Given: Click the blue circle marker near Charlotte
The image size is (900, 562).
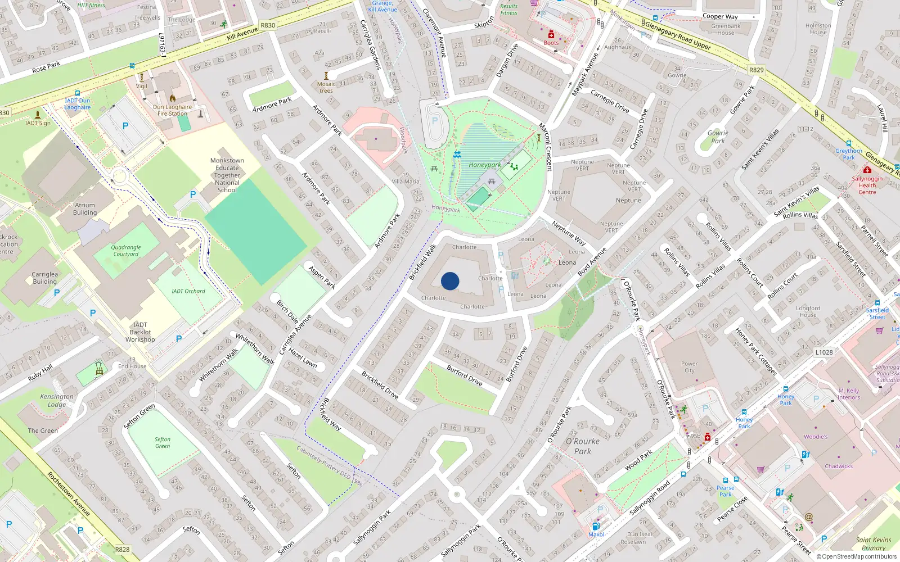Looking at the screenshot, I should pos(450,281).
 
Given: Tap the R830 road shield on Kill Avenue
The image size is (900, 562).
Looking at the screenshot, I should pos(268,25).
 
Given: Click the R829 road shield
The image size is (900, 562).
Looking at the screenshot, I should pos(756,70).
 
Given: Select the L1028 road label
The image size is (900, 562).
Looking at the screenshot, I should pos(823,352).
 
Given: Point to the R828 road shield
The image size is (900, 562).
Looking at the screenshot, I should pos(122,550).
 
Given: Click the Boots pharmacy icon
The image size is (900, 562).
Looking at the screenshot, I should pos(551,35).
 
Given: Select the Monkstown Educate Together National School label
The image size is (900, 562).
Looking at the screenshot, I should pos(227,175).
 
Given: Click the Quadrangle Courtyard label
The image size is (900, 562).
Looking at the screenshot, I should pos(126,251).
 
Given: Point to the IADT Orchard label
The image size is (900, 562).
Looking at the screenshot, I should pos(188,291).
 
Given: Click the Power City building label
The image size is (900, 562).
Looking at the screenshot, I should pos(689,367).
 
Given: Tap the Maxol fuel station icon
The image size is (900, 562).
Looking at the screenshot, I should pos(596,527).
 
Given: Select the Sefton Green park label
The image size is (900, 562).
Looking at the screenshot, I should pos(163,443).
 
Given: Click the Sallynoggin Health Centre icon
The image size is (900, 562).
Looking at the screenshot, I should pos(867,170).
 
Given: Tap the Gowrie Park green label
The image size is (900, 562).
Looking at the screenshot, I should pos(718,137).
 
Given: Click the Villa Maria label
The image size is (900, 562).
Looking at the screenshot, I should pos(406,181).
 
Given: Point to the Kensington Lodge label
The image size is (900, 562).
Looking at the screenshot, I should pos(57,400).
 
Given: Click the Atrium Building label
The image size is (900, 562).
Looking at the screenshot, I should pos(85,209).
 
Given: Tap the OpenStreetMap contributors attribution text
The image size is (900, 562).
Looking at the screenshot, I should pos(856,557).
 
